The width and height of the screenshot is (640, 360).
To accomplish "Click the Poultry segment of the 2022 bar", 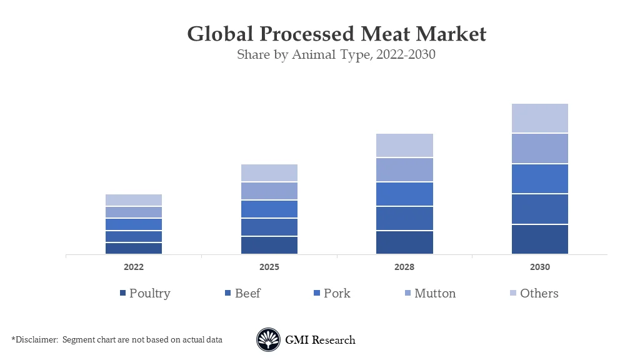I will tap(134, 248).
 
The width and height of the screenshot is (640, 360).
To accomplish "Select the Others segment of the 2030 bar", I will tap(539, 118).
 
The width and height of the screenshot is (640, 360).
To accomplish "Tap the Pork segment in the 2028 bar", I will tap(404, 194).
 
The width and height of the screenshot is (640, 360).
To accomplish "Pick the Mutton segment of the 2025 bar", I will tap(269, 191).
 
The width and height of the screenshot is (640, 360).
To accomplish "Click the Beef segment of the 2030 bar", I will tap(539, 209).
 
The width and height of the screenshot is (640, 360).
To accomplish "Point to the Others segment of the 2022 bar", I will tap(134, 200).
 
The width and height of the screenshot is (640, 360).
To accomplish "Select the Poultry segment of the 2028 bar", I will tap(404, 242).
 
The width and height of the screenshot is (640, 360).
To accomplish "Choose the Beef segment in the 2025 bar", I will tap(269, 227).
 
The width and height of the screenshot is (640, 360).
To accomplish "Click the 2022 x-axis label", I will tap(134, 267).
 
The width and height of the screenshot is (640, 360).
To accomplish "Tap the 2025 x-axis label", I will tap(269, 267).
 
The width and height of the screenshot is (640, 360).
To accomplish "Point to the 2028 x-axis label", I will tap(404, 267).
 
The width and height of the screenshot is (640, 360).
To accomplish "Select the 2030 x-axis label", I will tap(539, 267).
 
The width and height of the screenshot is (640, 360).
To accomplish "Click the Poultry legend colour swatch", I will tap(122, 293).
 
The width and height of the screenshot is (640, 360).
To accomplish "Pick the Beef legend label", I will tap(247, 293).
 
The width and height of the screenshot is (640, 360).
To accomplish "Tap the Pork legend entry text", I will tap(337, 293).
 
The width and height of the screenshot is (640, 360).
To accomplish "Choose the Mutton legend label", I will tap(435, 293).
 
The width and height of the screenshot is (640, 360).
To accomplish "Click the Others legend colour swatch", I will tap(513, 293).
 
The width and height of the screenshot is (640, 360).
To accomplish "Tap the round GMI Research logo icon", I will tap(268, 340).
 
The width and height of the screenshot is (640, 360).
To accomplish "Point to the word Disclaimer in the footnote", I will tap(35, 340).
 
